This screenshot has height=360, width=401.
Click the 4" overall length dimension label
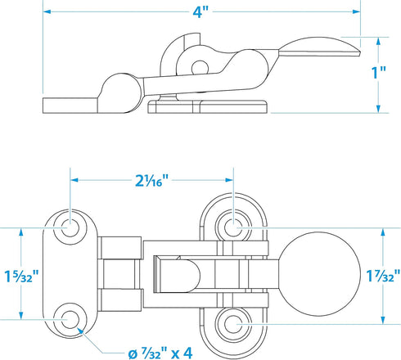pyautogui.click(x=200, y=12)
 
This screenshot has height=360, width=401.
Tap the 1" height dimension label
pyautogui.click(x=379, y=73)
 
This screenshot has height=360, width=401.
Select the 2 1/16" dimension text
pyautogui.click(x=151, y=180)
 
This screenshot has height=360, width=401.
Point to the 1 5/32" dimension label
pyautogui.click(x=21, y=276)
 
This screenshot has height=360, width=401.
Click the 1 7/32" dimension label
pyautogui.click(x=383, y=276)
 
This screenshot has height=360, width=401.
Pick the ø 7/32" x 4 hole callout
pyautogui.click(x=160, y=354)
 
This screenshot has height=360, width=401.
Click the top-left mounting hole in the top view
pyautogui.click(x=70, y=227)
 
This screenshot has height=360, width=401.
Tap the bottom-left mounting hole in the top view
pyautogui.click(x=70, y=319)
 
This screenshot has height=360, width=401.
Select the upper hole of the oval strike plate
pyautogui.click(x=233, y=227)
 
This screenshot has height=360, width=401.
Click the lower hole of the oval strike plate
pyautogui.click(x=233, y=324)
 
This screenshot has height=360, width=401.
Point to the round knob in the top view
pyautogui.click(x=319, y=274)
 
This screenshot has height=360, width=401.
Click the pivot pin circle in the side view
pyautogui.click(x=200, y=68)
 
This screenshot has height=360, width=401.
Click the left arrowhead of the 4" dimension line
pyautogui.click(x=47, y=11)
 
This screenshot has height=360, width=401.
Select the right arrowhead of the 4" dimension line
pyautogui.click(x=356, y=11)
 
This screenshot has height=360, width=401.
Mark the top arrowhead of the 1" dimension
pyautogui.click(x=378, y=42)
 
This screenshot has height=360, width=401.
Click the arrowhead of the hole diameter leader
pyautogui.click(x=79, y=330)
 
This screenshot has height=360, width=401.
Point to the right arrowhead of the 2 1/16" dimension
pyautogui.click(x=228, y=180)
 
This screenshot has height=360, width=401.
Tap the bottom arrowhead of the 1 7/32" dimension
pyautogui.click(x=383, y=320)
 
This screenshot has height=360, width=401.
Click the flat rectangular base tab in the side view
pyautogui.click(x=70, y=106)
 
